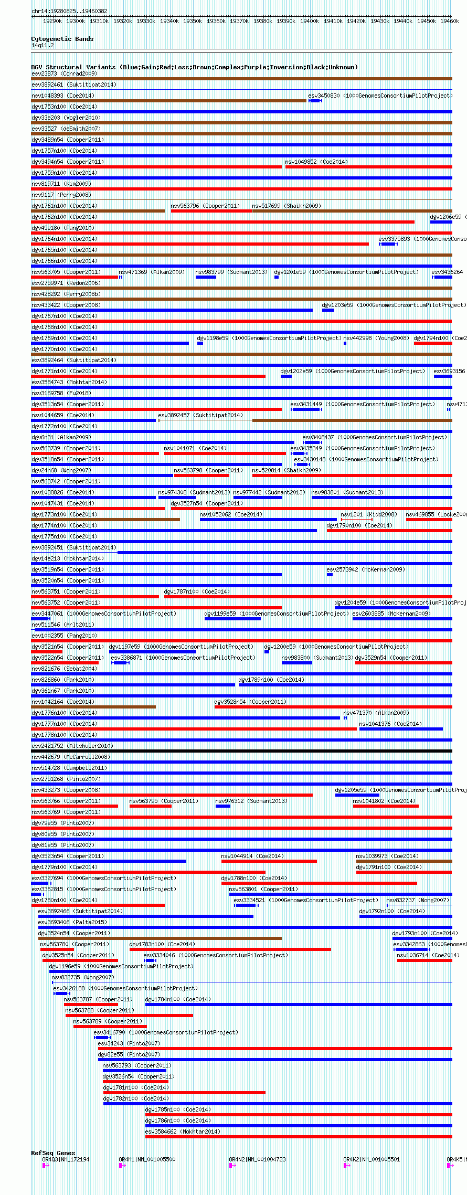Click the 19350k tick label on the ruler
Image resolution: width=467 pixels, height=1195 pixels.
point(193,22)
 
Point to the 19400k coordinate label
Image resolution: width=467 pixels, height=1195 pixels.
point(310,22)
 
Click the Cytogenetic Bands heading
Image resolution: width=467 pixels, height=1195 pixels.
point(62,39)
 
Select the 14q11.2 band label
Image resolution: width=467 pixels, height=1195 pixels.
point(43,46)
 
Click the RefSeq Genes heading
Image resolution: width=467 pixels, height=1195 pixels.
point(53,1153)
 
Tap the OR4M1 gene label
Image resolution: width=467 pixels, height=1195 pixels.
point(147,1159)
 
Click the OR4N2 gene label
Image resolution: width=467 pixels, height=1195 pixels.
point(257,1159)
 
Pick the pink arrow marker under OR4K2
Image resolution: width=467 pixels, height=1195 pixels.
point(347,1166)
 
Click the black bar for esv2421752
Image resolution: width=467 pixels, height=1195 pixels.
point(241,751)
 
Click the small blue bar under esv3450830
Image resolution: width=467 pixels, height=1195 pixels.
point(315,101)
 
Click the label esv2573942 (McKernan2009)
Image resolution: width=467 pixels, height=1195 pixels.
point(366,569)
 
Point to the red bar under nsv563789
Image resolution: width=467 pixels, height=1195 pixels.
point(110,1027)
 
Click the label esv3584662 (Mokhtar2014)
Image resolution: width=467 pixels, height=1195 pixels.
point(183,1131)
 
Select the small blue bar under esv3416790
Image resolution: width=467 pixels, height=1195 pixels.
point(102,1038)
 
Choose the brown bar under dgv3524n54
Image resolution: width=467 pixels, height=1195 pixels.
point(160,938)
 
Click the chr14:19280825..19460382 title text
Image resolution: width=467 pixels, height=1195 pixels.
point(69,11)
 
